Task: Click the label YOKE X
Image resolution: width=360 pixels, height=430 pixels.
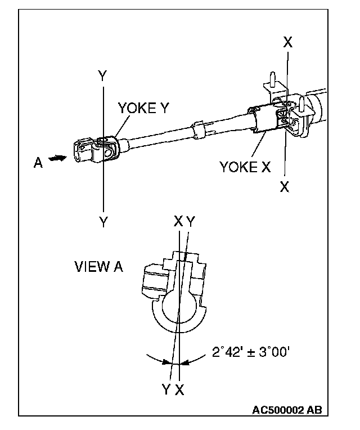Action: click(246, 167)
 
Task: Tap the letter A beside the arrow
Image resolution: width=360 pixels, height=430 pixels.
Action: click(38, 163)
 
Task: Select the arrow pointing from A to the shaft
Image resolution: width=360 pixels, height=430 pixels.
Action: click(57, 160)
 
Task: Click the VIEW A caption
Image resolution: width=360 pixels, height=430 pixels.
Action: click(98, 267)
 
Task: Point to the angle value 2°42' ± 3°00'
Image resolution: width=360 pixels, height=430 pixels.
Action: click(251, 353)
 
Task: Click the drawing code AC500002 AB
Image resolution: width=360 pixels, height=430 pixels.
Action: click(286, 410)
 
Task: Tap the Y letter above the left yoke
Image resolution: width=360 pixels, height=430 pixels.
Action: click(102, 77)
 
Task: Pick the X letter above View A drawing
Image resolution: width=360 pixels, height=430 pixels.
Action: click(178, 222)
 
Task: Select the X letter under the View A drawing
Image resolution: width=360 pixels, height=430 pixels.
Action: click(179, 389)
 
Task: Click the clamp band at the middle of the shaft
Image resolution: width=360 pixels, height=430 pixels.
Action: click(199, 128)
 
